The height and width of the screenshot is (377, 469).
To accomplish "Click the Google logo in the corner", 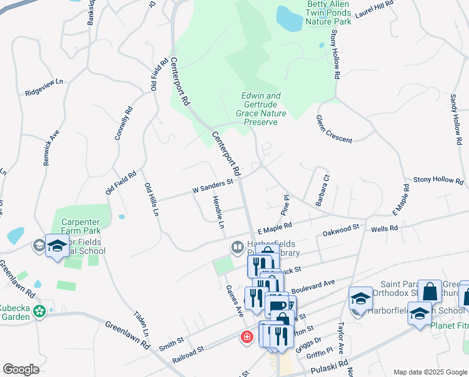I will tap(21, 369).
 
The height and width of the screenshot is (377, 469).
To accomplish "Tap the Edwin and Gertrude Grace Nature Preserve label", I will tap(261, 109).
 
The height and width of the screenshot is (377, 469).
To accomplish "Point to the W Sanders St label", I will tap(212, 185).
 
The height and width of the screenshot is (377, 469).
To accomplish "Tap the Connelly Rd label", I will tap(124, 122).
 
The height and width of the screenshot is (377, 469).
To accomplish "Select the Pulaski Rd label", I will tap(332, 366).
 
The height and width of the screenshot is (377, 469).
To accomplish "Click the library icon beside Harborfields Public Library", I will tap(238, 247).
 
